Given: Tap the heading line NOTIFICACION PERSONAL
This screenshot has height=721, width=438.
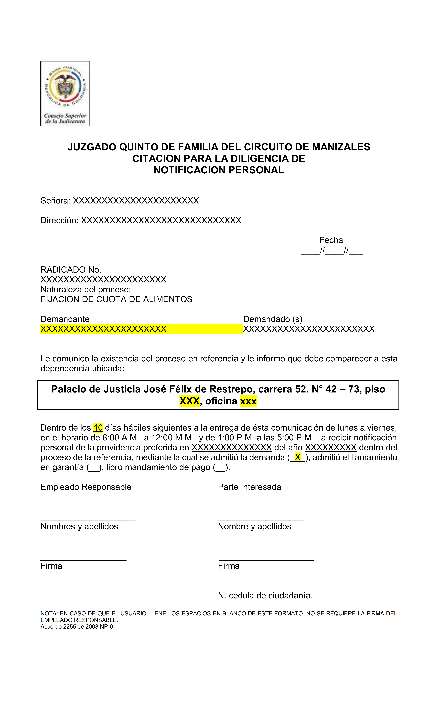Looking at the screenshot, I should click(x=219, y=170).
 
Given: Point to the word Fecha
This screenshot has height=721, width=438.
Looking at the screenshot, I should click(x=331, y=240).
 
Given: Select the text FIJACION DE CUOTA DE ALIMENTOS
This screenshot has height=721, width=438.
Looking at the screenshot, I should click(x=116, y=299).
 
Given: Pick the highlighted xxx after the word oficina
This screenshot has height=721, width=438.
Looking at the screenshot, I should click(x=248, y=401).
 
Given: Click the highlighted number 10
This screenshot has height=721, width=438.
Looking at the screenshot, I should click(x=98, y=428).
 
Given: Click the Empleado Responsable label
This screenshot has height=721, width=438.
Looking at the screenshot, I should click(x=86, y=487).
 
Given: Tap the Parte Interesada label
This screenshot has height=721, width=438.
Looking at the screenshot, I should click(x=249, y=487).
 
